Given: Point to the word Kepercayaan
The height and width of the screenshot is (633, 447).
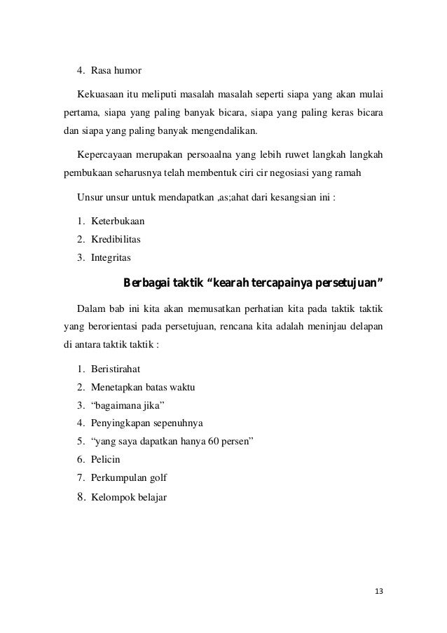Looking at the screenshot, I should coord(106,154).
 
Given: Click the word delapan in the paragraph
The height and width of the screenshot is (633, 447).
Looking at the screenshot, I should coord(366,326).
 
